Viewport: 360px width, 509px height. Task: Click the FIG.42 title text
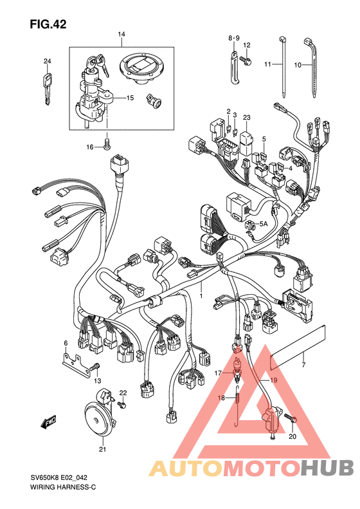(x=48, y=24)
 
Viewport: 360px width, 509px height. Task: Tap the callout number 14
(x=122, y=34)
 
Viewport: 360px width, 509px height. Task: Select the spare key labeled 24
(x=48, y=89)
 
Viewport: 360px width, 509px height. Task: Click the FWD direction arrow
(x=49, y=421)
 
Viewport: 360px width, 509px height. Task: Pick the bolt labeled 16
(x=107, y=144)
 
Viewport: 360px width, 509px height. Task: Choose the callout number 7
(x=303, y=365)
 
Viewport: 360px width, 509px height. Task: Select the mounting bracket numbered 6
(x=77, y=366)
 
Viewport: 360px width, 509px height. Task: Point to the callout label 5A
(x=263, y=224)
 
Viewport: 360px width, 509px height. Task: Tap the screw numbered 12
(x=245, y=60)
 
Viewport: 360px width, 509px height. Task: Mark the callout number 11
(x=267, y=64)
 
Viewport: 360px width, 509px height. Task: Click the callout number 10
(x=298, y=65)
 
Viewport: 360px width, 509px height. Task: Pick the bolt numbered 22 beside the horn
(x=123, y=405)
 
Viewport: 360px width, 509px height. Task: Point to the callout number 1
(x=201, y=296)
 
